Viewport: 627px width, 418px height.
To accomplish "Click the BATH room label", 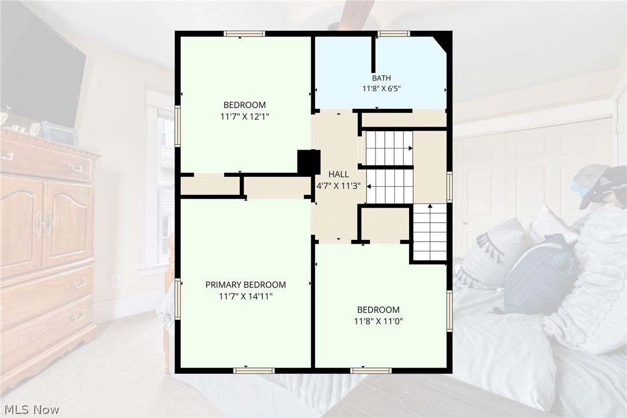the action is coord(381,78).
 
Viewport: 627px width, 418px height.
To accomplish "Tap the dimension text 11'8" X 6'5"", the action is coord(381,88).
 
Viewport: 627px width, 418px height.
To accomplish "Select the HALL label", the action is coord(338,174).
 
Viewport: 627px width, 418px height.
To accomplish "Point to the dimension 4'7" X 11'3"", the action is coord(339,186).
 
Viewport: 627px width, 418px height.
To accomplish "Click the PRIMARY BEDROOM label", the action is coord(246,285).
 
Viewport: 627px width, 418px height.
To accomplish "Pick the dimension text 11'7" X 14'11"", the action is coord(246,297).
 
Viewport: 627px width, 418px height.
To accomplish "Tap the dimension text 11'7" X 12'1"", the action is coord(244,116).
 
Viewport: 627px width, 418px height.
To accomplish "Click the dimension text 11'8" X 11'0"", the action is coord(379,321).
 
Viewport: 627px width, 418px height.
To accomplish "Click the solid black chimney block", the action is coord(309,162).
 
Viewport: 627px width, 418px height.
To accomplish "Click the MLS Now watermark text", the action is coord(32,409).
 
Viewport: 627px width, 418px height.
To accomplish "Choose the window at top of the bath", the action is coord(394,34).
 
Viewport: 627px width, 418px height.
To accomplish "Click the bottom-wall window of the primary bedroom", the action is coord(254,371).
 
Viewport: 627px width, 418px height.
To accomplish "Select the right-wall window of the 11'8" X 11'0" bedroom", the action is coord(450,311).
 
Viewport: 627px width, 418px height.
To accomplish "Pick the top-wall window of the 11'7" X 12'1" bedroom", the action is coord(244,34).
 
